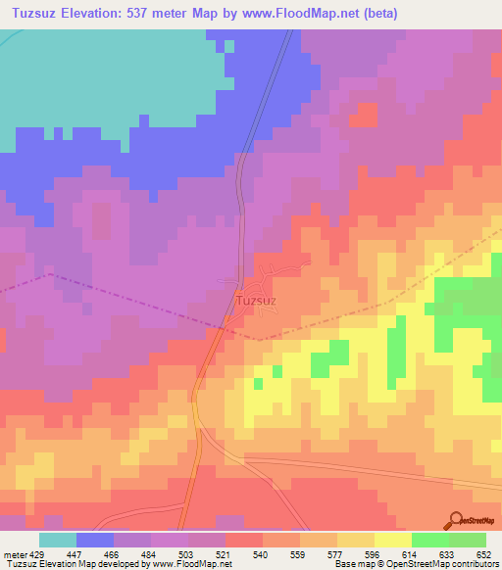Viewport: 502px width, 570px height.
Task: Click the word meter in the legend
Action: [x=15, y=554]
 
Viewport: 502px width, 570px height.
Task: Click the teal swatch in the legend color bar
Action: [x=58, y=540]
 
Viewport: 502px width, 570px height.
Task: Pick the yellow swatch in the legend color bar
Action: [x=392, y=540]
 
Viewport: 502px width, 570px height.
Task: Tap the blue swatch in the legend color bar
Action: [x=95, y=540]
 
